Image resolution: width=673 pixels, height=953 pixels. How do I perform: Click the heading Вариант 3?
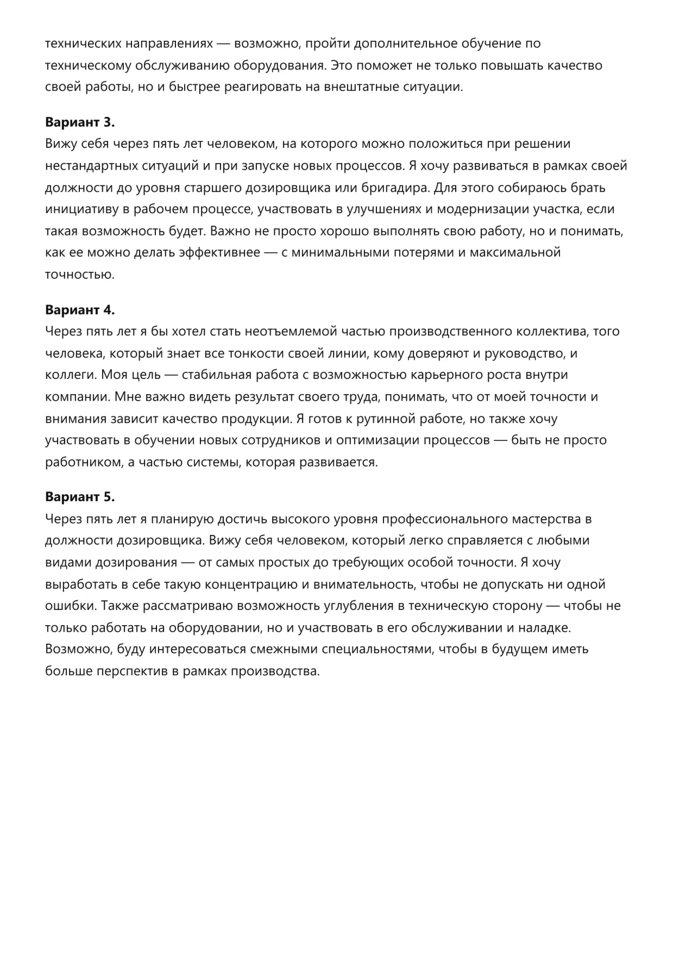tap(80, 122)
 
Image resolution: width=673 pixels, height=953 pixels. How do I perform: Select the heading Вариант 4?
tap(80, 310)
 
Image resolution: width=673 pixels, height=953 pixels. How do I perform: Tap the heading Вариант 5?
tap(80, 497)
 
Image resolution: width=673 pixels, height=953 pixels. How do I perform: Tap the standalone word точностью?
tap(80, 275)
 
